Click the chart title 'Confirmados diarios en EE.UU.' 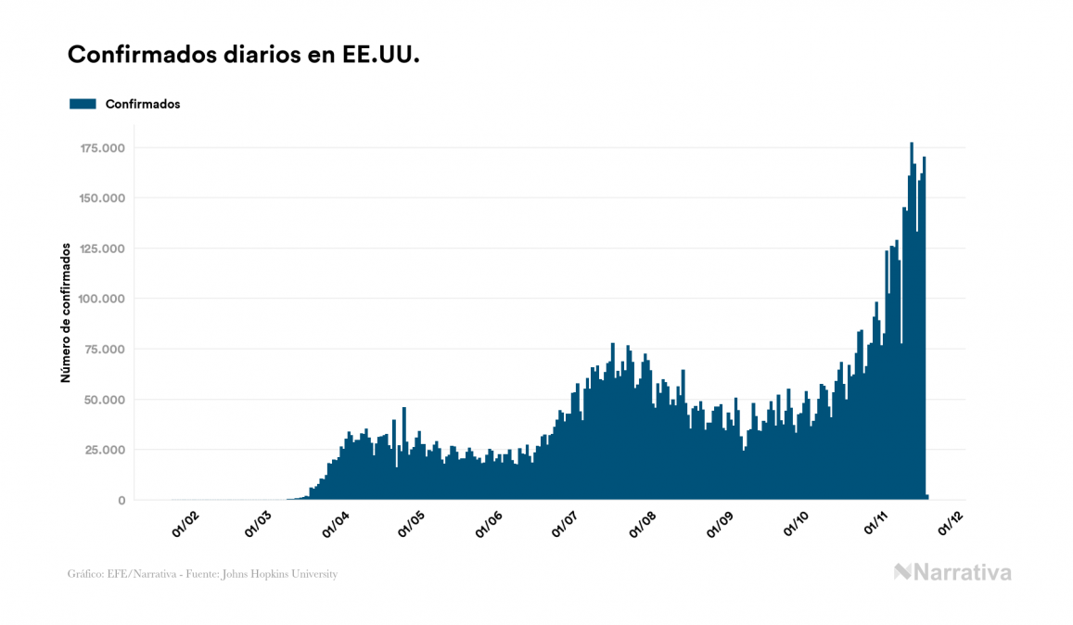pyautogui.click(x=244, y=55)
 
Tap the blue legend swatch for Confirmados pyautogui.click(x=83, y=104)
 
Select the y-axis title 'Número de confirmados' pyautogui.click(x=66, y=312)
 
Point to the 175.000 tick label pyautogui.click(x=102, y=148)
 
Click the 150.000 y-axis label pyautogui.click(x=102, y=198)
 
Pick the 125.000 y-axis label pyautogui.click(x=102, y=249)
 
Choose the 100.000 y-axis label pyautogui.click(x=102, y=299)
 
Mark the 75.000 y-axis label pyautogui.click(x=105, y=350)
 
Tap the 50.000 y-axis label pyautogui.click(x=105, y=400)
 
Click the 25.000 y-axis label pyautogui.click(x=105, y=450)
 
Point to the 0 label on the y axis pyautogui.click(x=121, y=501)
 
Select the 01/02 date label pyautogui.click(x=185, y=525)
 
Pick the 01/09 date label pyautogui.click(x=720, y=525)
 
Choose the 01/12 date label pyautogui.click(x=952, y=525)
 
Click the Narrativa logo pyautogui.click(x=952, y=572)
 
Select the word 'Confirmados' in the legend pyautogui.click(x=143, y=104)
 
